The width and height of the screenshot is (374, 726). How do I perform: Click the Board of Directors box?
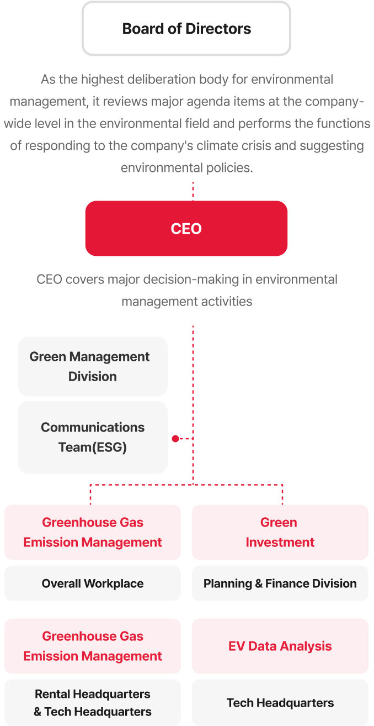(x=186, y=29)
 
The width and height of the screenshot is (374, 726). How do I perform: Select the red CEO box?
(x=186, y=229)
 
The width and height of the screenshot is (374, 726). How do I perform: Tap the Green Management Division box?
(x=93, y=366)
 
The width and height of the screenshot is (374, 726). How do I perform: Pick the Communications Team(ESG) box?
(x=93, y=437)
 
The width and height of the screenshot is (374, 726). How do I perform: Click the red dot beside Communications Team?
(x=175, y=439)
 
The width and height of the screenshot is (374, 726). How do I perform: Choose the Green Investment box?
(x=280, y=532)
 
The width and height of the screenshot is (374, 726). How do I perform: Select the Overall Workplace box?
(x=93, y=583)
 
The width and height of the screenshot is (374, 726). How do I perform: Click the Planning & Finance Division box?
(x=280, y=583)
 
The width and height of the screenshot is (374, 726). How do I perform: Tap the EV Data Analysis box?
(x=280, y=646)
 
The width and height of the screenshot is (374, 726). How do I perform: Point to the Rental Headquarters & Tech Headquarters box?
(x=93, y=703)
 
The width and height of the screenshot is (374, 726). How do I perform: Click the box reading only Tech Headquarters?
(x=280, y=703)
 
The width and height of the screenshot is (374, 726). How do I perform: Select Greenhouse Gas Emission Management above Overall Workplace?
(x=93, y=532)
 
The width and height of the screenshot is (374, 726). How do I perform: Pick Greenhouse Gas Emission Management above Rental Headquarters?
(x=93, y=646)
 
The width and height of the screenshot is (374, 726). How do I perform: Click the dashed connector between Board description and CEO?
(x=193, y=190)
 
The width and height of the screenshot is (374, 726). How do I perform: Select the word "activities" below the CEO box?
(x=226, y=302)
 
